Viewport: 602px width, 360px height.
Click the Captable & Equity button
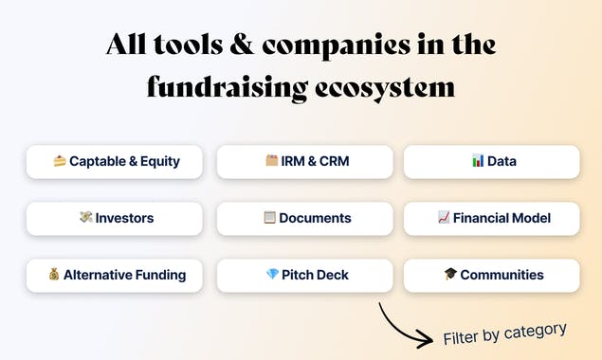point(115,161)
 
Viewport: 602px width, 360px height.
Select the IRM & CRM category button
point(305,161)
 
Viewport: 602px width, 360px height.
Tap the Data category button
point(492,161)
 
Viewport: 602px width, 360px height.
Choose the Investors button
point(115,218)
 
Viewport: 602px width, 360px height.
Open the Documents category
point(305,218)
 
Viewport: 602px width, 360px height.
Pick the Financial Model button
point(492,218)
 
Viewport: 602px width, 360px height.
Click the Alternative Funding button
point(115,275)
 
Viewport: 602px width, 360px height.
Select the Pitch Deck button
point(305,275)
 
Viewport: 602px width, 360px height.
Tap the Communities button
point(492,275)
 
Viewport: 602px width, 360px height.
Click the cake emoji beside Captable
point(60,161)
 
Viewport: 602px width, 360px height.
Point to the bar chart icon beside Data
point(478,161)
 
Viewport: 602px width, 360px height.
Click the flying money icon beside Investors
point(85,218)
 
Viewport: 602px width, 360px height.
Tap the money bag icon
point(54,275)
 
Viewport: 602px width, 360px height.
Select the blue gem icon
point(272,275)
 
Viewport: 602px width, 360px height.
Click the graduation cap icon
point(450,275)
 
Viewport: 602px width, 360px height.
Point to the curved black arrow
point(403,327)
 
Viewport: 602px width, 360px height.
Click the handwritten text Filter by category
point(504,333)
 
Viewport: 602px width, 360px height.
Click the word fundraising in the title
point(227,88)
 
